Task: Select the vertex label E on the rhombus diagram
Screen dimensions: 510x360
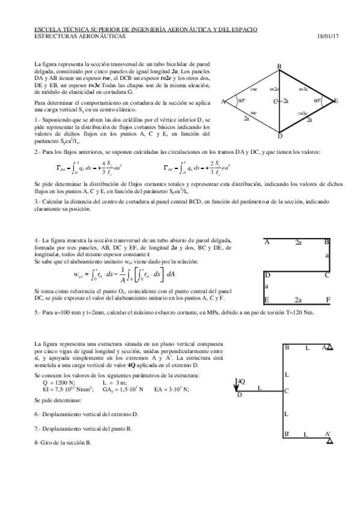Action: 335,100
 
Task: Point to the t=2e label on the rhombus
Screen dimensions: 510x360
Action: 275,89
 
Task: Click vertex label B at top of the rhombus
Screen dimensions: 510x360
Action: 279,66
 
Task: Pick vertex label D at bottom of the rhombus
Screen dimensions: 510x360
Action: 279,135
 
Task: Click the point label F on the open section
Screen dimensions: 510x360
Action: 328,299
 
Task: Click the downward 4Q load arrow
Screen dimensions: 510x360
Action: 238,385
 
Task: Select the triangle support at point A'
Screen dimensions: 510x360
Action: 330,441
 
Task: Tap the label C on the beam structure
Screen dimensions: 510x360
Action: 287,391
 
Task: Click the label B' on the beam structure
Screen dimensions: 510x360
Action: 287,434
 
